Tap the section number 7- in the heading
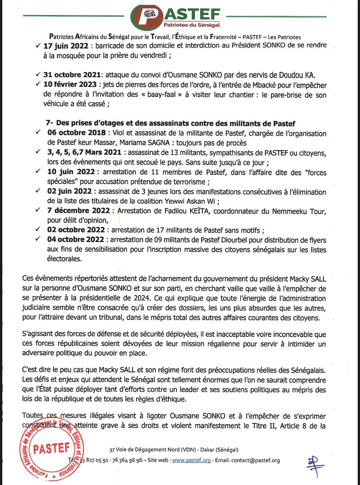(x=50, y=123)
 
